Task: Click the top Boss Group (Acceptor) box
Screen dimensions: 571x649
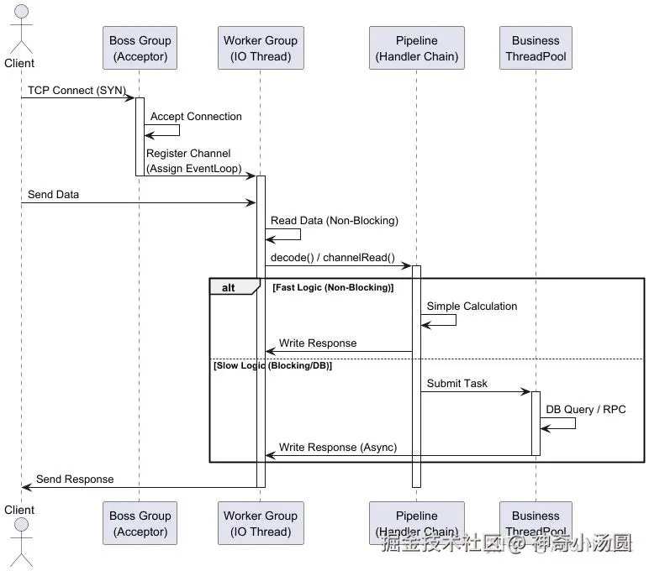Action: [x=140, y=48]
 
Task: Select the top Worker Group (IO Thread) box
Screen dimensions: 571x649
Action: [x=260, y=48]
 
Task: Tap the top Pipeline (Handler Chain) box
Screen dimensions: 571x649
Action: [x=416, y=48]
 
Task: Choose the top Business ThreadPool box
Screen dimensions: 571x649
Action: [x=536, y=48]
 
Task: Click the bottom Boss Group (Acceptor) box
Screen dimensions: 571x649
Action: [x=140, y=523]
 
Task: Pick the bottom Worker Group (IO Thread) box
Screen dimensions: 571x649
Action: [x=260, y=523]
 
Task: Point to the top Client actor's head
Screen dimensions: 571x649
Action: [x=20, y=13]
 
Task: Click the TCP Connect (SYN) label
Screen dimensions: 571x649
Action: [x=72, y=90]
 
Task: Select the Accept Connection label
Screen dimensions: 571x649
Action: [x=196, y=117]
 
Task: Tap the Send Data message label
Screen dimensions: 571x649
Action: [x=53, y=194]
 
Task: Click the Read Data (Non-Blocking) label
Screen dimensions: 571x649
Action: [x=334, y=221]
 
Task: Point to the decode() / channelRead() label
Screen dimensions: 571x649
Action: [x=332, y=257]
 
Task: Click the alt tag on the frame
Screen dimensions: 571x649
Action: [x=229, y=287]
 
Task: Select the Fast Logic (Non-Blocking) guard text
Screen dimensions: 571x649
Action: [x=333, y=287]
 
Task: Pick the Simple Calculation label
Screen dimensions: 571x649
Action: [x=472, y=306]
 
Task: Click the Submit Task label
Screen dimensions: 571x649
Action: [x=456, y=384]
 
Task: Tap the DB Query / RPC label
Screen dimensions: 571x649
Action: [x=585, y=410]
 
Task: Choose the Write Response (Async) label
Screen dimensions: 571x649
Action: [x=338, y=448]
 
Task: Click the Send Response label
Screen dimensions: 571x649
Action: [x=75, y=479]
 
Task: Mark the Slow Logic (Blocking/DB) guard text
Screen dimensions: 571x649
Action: [x=272, y=365]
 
